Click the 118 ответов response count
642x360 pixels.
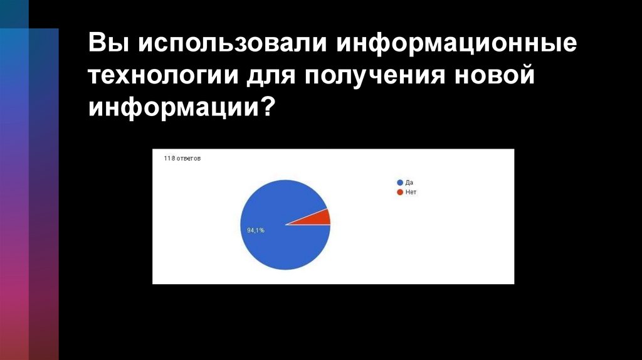pyautogui.click(x=182, y=159)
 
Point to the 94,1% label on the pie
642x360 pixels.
pyautogui.click(x=256, y=230)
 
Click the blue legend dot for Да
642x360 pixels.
pyautogui.click(x=400, y=183)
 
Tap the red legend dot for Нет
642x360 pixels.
pyautogui.click(x=400, y=192)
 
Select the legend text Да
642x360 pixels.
pyautogui.click(x=409, y=183)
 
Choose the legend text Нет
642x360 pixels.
pyautogui.click(x=411, y=192)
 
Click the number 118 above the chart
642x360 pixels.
pyautogui.click(x=168, y=159)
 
